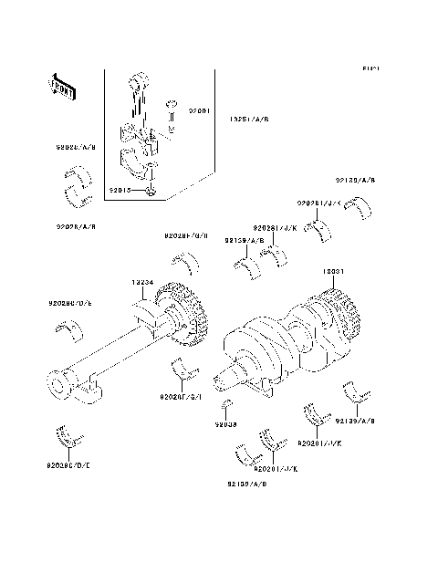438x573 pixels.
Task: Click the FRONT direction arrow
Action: (61, 87)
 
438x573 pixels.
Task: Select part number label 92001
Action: (200, 109)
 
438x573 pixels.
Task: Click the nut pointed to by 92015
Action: (152, 191)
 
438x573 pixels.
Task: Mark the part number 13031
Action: (333, 272)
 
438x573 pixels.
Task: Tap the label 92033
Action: (225, 424)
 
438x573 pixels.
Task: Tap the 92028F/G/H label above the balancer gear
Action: (186, 235)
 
